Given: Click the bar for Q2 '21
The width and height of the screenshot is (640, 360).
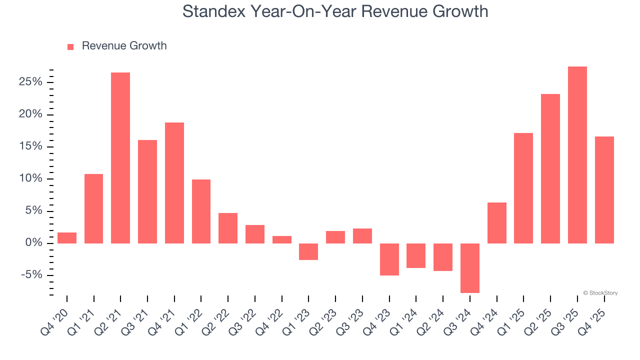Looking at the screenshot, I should coord(120,158).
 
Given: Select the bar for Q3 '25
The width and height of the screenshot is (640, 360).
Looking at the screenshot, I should coord(577,155).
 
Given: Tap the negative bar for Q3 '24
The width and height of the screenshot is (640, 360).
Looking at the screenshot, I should coord(470,268).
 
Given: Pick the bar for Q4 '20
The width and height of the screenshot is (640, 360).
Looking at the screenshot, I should coord(67,238).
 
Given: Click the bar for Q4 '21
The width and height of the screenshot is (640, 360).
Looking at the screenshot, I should coord(174,183).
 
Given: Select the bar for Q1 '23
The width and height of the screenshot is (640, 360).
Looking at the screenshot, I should coord(308,251).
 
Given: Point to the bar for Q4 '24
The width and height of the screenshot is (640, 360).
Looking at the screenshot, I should coord(497,223).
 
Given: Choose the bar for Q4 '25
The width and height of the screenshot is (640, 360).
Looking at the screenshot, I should coord(604,190).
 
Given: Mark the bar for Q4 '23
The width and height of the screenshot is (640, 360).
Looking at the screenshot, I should coord(389,259).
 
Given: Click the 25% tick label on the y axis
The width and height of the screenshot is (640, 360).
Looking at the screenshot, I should coord(30,82).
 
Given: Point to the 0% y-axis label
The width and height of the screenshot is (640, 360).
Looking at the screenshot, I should coord(34,243).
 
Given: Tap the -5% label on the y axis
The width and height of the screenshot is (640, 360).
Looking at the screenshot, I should coord(32,275).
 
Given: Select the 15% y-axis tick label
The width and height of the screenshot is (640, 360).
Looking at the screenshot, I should coord(30,147).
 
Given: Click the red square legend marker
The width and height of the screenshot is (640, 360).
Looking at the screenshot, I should coord(70,46).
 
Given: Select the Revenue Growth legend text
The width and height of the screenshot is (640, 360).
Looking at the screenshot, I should coord(124,46).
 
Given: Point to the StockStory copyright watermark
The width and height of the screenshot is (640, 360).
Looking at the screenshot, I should coord(600,293).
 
